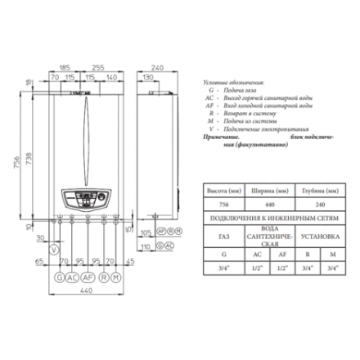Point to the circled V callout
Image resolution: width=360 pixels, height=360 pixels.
coord(54,249)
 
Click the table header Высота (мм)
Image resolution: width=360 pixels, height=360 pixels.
coord(220,189)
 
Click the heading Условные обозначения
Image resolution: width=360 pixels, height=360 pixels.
coord(234,84)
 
